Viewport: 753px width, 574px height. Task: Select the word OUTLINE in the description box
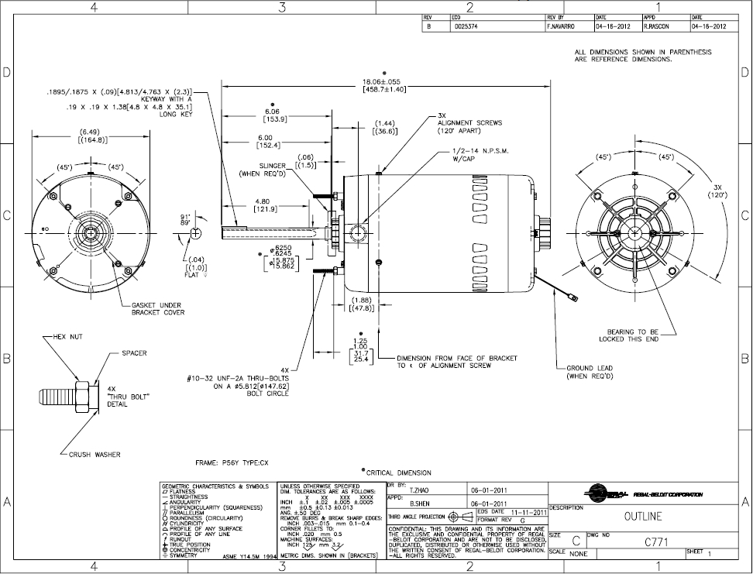point(643,517)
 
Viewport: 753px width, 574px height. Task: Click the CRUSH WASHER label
point(95,455)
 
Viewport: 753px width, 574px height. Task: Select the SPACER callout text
point(134,353)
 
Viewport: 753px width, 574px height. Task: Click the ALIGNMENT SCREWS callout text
point(469,122)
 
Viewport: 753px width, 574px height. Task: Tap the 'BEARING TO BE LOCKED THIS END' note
point(628,335)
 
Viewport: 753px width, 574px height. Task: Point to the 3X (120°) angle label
point(717,191)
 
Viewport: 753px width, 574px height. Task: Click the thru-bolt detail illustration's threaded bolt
point(54,398)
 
